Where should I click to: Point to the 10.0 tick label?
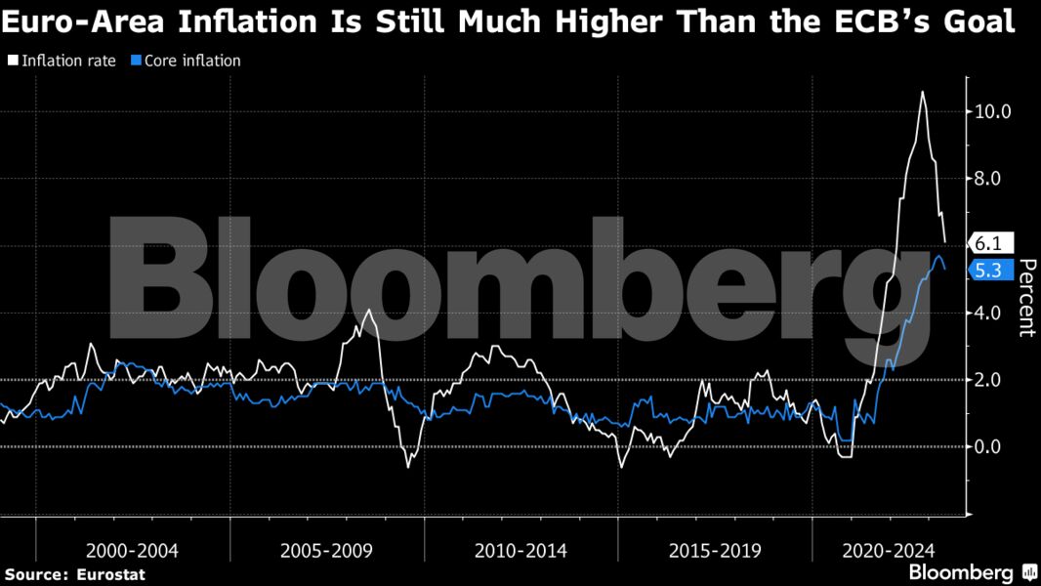[x=993, y=111]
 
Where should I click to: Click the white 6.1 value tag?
[x=990, y=243]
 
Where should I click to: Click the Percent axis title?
[x=1025, y=298]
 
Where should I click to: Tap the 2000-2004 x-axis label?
[x=132, y=551]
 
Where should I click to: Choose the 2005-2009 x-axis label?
[x=326, y=551]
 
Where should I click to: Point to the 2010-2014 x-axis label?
[x=520, y=551]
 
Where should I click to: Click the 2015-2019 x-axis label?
[x=715, y=551]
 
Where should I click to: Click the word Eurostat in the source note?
[x=109, y=575]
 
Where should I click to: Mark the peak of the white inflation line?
[x=922, y=92]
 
